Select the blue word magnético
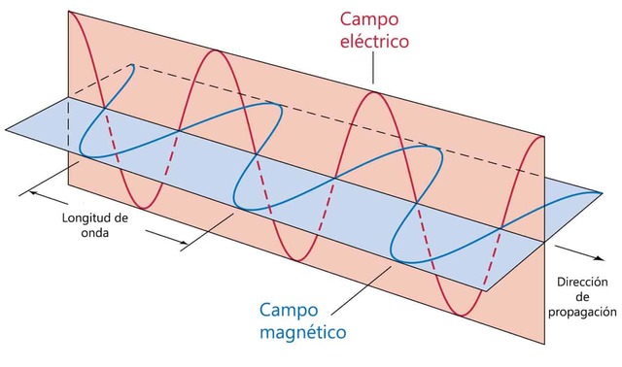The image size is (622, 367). click(302, 333)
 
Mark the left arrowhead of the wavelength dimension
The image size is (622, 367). click(32, 191)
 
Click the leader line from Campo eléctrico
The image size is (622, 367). click(353, 78)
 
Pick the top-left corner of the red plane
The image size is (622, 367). click(67, 11)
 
